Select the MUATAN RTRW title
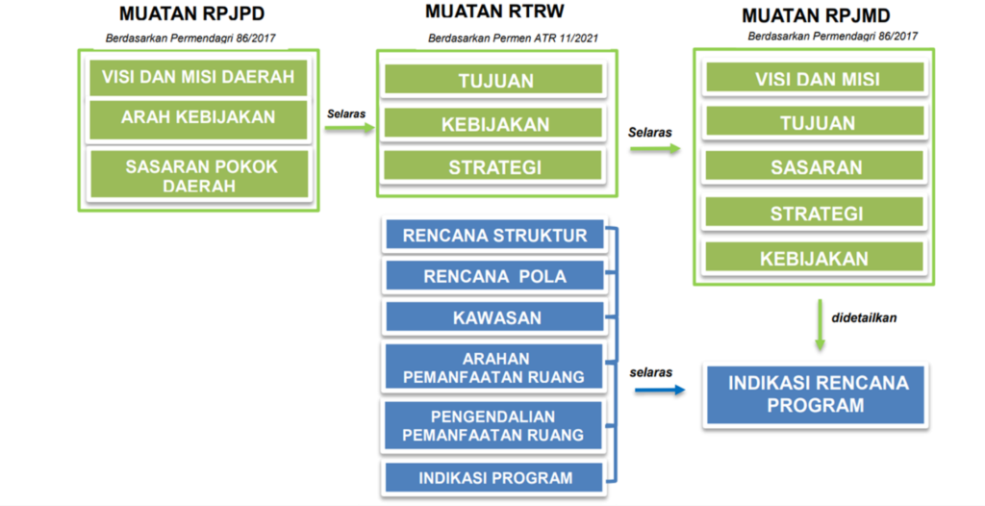click(494, 12)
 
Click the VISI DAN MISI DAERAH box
click(197, 76)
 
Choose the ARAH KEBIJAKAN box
click(197, 117)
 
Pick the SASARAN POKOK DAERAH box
click(200, 175)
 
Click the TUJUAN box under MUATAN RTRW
click(494, 80)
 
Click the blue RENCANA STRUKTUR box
click(494, 236)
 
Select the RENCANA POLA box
click(494, 276)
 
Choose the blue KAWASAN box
click(494, 317)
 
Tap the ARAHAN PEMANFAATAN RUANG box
click(494, 367)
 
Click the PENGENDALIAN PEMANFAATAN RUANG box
click(494, 424)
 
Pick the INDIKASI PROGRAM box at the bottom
click(494, 477)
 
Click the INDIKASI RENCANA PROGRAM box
click(817, 393)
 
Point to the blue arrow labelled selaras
click(660, 390)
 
